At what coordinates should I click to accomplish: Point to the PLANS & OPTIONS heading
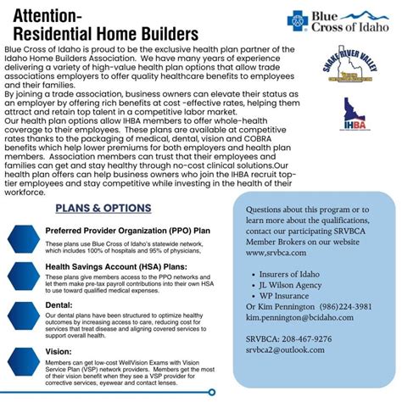pyautogui.click(x=103, y=208)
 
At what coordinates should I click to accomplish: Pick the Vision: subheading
pyautogui.click(x=59, y=350)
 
